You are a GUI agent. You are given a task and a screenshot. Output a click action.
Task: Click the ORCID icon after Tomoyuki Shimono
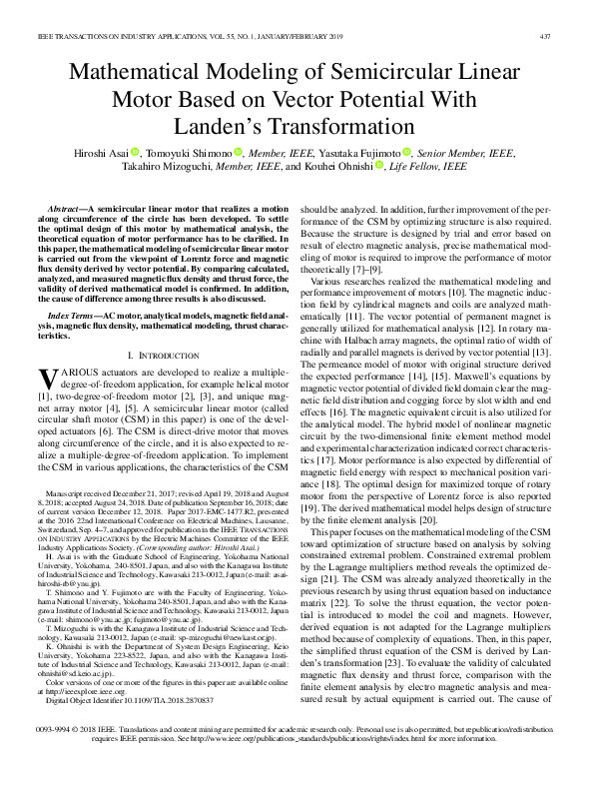point(240,154)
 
